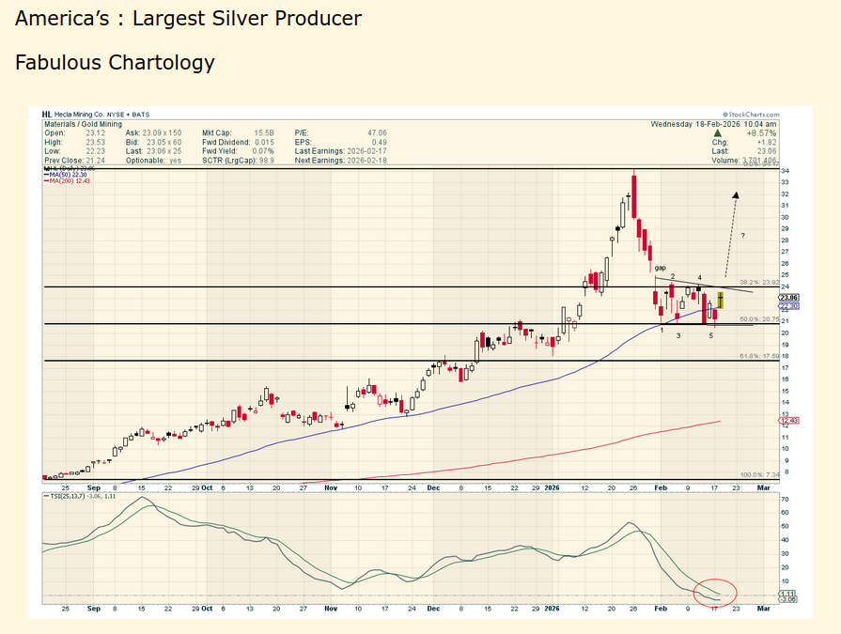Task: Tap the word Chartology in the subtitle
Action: (162, 63)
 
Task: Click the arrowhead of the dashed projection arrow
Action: (735, 195)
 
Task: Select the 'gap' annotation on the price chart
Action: (661, 269)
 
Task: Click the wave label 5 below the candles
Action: (711, 335)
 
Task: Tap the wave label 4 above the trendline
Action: (699, 278)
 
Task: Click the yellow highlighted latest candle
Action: (720, 301)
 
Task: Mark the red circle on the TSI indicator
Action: (715, 593)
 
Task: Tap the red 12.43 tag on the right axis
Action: (787, 420)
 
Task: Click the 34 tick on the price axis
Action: (784, 171)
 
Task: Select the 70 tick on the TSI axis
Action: (784, 500)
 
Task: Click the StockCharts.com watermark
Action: (752, 114)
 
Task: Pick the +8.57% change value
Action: (761, 133)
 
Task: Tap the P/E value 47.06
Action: (376, 133)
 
